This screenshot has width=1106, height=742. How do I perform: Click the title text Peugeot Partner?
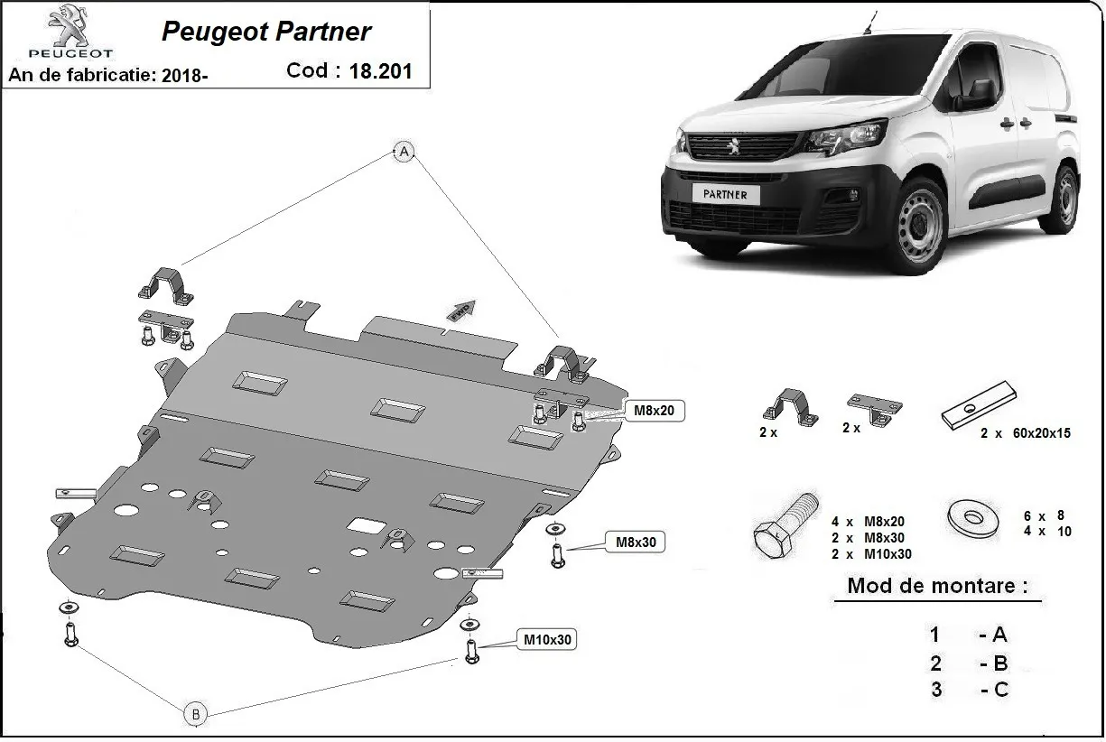click(265, 32)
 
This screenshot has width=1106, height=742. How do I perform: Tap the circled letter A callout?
click(404, 152)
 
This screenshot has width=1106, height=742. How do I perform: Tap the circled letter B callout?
click(194, 714)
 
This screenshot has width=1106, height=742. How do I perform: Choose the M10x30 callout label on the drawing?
click(547, 640)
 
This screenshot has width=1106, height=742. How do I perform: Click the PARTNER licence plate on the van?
click(725, 193)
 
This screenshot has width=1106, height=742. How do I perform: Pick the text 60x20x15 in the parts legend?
click(1037, 433)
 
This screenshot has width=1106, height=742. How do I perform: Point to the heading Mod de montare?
click(936, 586)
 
